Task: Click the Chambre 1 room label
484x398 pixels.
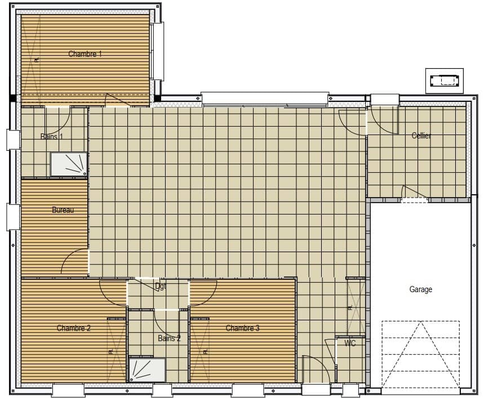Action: click(x=85, y=54)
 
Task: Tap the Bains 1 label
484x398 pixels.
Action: click(x=52, y=136)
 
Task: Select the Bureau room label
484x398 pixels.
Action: click(x=63, y=210)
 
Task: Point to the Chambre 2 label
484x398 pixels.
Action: click(x=74, y=328)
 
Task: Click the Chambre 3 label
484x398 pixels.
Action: click(x=242, y=328)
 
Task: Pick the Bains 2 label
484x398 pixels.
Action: click(x=169, y=338)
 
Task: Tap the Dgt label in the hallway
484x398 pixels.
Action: click(x=161, y=287)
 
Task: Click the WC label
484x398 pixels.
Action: click(x=350, y=343)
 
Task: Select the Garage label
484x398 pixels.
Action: click(x=420, y=289)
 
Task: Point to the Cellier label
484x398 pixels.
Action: click(x=421, y=136)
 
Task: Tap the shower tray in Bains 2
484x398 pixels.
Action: click(x=146, y=370)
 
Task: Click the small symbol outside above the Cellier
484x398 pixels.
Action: click(x=443, y=81)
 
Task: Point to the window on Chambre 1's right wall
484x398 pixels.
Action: click(x=158, y=51)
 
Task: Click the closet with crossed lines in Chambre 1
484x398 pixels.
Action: click(x=30, y=56)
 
